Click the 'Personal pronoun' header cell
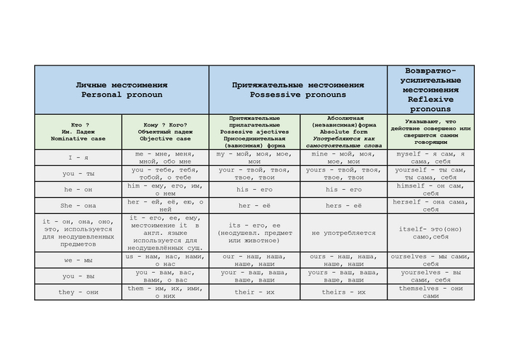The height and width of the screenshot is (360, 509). click(121, 90)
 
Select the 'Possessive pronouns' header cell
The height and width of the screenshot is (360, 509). click(298, 90)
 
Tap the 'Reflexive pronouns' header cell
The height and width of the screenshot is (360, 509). click(430, 89)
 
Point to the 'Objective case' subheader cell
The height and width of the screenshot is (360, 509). click(165, 131)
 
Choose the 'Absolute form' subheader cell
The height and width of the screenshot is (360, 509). click(342, 131)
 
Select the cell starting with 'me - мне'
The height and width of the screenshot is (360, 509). click(165, 158)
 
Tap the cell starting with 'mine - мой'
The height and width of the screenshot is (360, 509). click(342, 158)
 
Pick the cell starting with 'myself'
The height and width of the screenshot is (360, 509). click(430, 158)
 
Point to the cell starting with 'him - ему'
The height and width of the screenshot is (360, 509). click(165, 190)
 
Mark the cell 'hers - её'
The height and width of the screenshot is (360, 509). click(342, 206)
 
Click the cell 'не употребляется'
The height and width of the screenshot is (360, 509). click(342, 233)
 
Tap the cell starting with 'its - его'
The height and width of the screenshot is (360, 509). click(254, 233)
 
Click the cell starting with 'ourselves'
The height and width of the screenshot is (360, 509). click(430, 260)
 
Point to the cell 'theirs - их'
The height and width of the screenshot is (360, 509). click(342, 292)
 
